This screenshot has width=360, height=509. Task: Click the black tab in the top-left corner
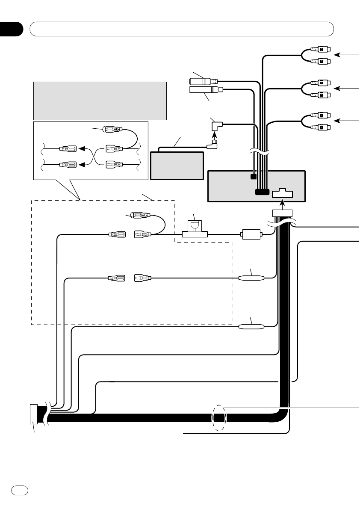point(11,29)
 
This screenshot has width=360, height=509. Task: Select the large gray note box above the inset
point(100,101)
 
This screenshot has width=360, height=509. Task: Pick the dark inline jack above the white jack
point(204,80)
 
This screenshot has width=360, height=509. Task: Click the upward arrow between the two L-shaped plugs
point(215,136)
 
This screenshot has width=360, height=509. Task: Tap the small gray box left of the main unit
point(176,165)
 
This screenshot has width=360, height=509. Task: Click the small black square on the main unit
point(254,177)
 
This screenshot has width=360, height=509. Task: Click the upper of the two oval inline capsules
point(251,278)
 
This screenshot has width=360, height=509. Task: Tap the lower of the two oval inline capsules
point(251,327)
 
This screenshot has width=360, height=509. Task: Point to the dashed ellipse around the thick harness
point(219,418)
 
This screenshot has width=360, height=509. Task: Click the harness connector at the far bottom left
point(33,414)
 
